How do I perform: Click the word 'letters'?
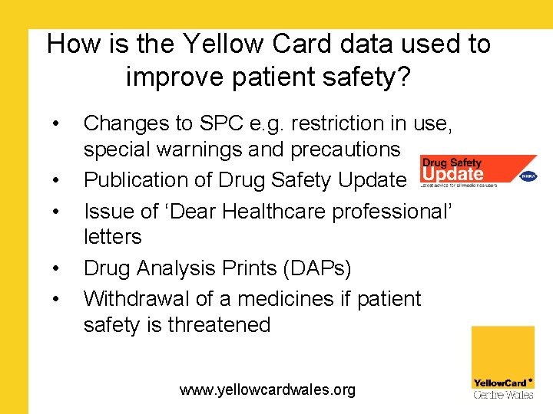point(112,237)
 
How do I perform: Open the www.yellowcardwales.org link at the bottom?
point(267,389)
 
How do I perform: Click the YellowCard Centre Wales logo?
point(502,363)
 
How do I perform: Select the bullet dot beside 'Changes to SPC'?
point(56,124)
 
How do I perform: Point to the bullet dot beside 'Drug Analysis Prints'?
point(56,269)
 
